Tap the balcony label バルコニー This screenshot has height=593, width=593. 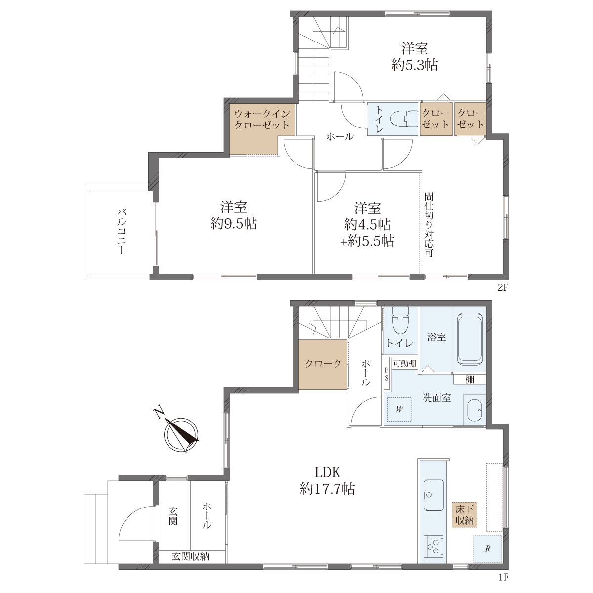point(122,231)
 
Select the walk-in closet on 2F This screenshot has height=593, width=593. point(262,129)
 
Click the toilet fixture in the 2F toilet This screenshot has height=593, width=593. point(404,119)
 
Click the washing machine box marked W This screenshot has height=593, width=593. point(399,409)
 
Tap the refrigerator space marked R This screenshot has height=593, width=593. point(487,549)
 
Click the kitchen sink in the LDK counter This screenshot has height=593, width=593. point(433,495)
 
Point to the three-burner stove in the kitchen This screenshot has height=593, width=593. point(433,547)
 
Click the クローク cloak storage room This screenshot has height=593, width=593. point(323,365)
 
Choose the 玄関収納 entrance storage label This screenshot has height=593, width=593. point(190,556)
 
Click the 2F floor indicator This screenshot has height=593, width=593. point(502,288)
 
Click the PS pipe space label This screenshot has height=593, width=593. point(386,374)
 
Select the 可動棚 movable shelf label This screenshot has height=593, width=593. point(405,364)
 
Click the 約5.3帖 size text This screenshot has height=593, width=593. point(415,65)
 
